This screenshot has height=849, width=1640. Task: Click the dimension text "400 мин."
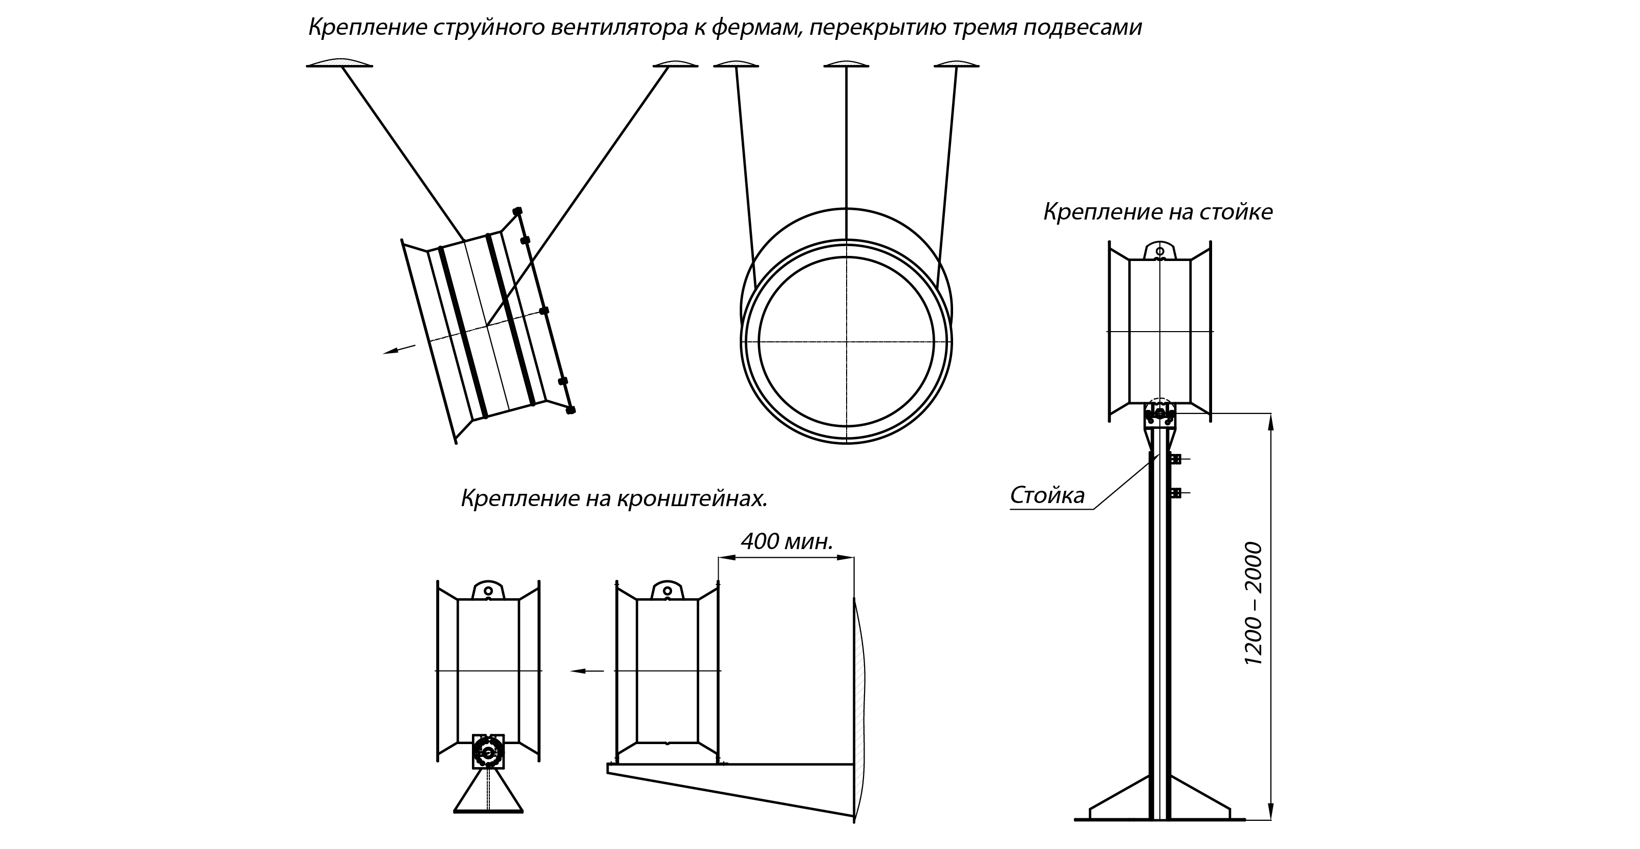787,541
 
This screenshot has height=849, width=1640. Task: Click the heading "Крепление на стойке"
1157,212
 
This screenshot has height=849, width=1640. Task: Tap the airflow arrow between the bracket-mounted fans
587,671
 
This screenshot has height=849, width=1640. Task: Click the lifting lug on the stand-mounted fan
1160,250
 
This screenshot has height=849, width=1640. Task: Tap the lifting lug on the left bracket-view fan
488,590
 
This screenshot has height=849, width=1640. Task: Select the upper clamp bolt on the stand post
1175,458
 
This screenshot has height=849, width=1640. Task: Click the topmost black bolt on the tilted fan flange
517,211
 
